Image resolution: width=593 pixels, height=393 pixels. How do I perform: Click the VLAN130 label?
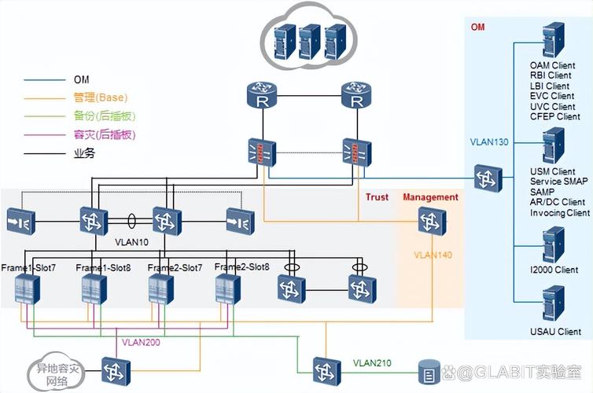point(489,143)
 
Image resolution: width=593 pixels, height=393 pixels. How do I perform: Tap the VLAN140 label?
point(432,255)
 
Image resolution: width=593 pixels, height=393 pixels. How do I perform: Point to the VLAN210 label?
point(372,364)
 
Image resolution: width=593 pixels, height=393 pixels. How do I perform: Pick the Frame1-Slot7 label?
point(28,268)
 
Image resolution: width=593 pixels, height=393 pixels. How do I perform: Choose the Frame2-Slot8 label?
point(241,268)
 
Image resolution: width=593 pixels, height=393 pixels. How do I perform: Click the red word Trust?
point(377,197)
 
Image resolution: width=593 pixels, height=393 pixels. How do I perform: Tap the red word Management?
point(430,197)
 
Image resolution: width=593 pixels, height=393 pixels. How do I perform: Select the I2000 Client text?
point(554,270)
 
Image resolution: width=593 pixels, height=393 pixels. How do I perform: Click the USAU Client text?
point(555,332)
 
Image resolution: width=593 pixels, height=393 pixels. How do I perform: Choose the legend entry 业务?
point(84,154)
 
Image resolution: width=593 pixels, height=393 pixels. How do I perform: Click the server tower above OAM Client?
point(554,40)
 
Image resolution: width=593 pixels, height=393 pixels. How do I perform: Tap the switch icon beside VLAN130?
point(488,178)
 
